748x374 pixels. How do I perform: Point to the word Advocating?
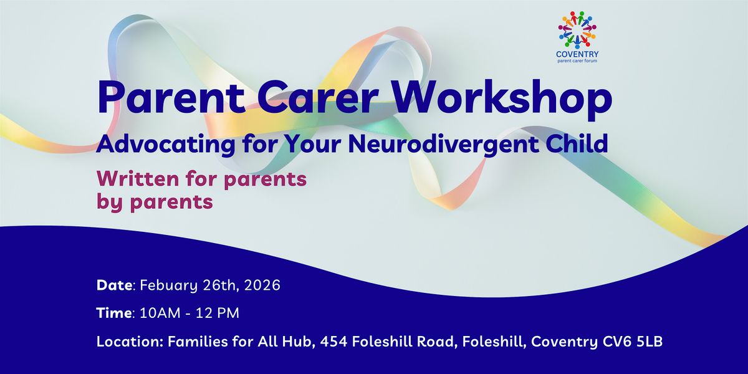click(x=166, y=145)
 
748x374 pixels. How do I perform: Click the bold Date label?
click(x=114, y=285)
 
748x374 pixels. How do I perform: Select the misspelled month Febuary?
click(x=169, y=286)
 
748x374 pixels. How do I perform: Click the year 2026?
click(x=262, y=285)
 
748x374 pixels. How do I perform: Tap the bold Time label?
click(x=114, y=313)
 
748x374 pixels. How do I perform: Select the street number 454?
click(x=333, y=342)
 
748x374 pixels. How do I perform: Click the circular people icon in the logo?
click(x=577, y=29)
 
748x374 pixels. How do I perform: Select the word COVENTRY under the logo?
click(x=577, y=54)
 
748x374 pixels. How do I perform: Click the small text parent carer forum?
click(x=577, y=61)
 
